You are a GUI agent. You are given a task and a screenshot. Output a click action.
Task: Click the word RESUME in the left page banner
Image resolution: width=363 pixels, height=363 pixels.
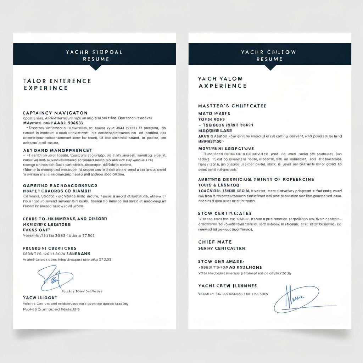tap(94, 59)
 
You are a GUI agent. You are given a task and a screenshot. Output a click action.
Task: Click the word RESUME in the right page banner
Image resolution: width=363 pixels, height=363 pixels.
tap(269, 59)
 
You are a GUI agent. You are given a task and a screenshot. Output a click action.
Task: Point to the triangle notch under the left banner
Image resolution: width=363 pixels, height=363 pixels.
tap(95, 68)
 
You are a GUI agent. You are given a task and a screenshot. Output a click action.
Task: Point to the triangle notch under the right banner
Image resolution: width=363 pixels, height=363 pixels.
tap(270, 68)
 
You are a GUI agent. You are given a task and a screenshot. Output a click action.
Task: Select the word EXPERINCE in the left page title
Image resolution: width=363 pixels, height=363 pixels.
tap(46, 88)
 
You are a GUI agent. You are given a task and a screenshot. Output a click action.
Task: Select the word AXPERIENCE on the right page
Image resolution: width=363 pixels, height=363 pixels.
tap(222, 86)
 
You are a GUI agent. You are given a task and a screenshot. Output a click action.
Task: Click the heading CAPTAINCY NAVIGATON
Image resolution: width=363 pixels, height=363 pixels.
tap(55, 113)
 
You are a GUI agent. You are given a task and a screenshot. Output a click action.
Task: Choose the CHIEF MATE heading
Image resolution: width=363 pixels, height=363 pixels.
tap(215, 242)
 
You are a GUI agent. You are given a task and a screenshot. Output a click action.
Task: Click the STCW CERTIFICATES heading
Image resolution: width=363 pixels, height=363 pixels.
tap(225, 213)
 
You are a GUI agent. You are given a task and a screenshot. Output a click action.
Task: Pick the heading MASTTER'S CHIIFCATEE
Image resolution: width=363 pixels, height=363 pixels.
tap(232, 106)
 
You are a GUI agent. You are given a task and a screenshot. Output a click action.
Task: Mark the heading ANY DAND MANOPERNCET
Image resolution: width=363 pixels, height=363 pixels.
tap(57, 150)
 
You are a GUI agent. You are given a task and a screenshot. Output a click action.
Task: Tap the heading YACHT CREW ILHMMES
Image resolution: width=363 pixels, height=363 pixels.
tap(227, 286)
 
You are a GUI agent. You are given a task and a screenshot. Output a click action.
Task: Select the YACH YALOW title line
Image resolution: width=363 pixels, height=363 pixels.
tap(220, 79)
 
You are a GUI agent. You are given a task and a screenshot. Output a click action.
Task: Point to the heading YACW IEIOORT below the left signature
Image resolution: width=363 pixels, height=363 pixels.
tap(40, 298)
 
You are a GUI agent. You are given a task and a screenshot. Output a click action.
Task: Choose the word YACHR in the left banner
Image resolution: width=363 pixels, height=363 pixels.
tap(77, 52)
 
